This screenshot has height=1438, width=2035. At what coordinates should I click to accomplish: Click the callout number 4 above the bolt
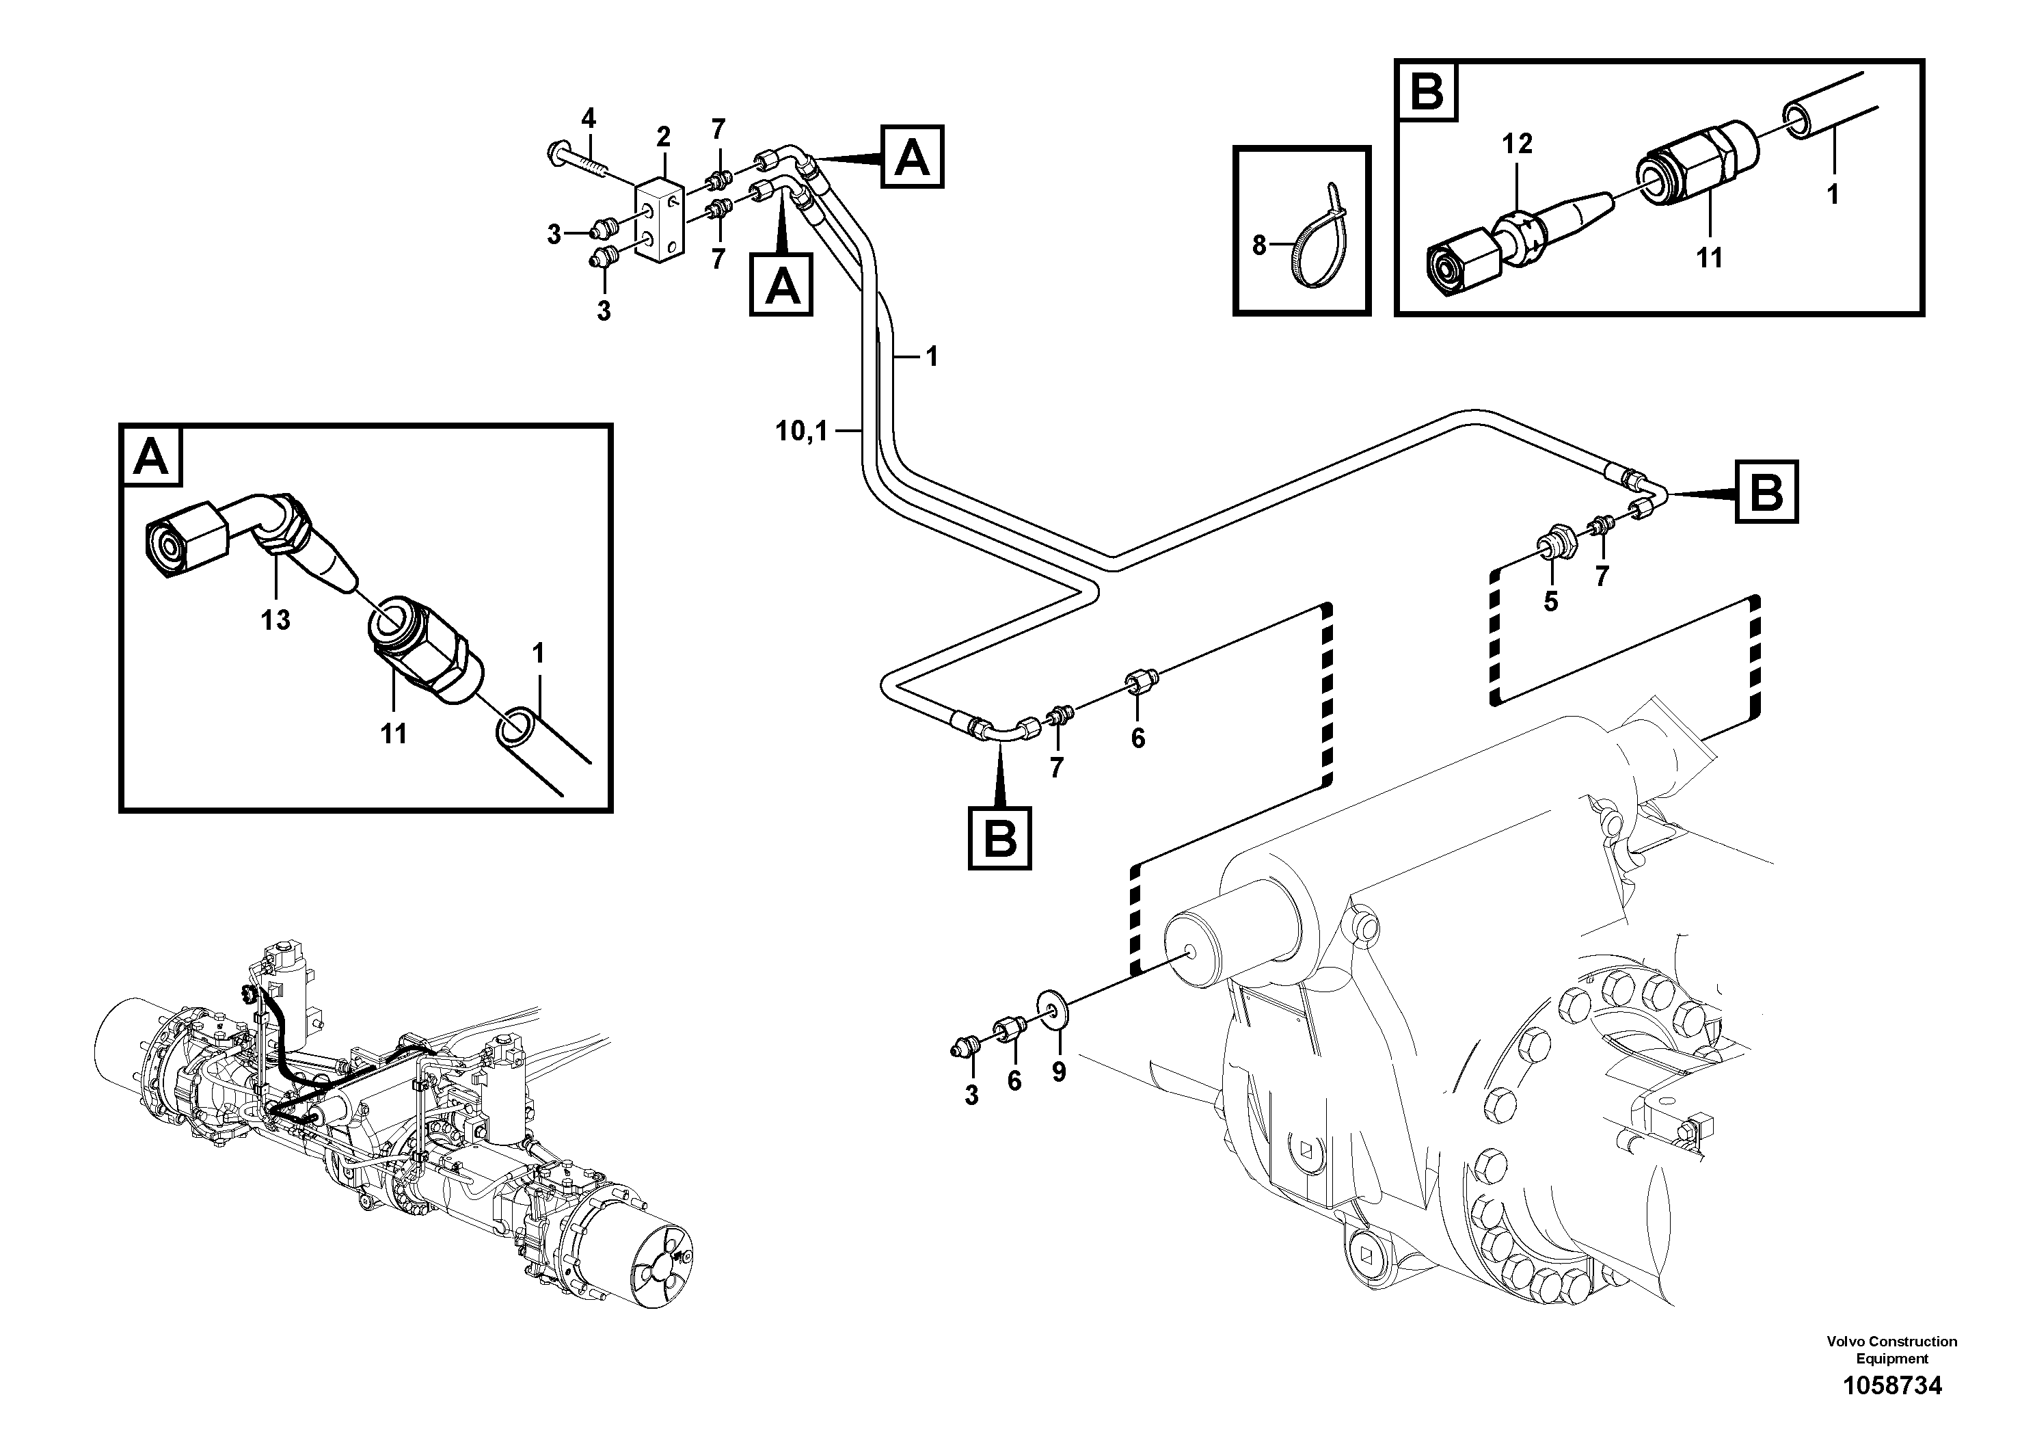tap(589, 118)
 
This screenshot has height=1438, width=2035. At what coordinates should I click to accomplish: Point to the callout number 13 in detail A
tap(275, 620)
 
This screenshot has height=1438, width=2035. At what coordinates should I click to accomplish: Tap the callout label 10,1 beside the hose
tap(801, 431)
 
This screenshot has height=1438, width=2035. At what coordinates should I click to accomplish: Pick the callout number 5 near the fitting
tap(1550, 602)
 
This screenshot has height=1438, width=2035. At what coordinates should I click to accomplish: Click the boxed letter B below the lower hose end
tap(1000, 837)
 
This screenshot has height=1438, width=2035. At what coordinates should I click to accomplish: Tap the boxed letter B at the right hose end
tap(1767, 490)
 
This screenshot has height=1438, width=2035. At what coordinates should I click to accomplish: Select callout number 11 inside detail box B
tap(1709, 258)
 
